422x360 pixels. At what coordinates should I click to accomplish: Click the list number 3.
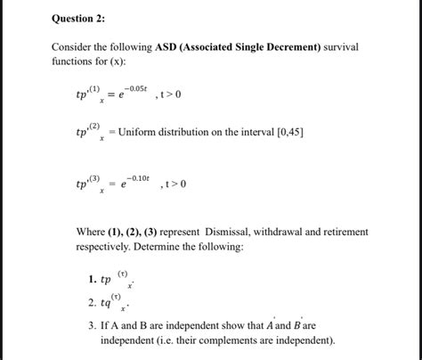(92, 326)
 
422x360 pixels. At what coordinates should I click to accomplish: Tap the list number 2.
(92, 301)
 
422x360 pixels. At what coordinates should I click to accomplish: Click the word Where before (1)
(91, 232)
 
